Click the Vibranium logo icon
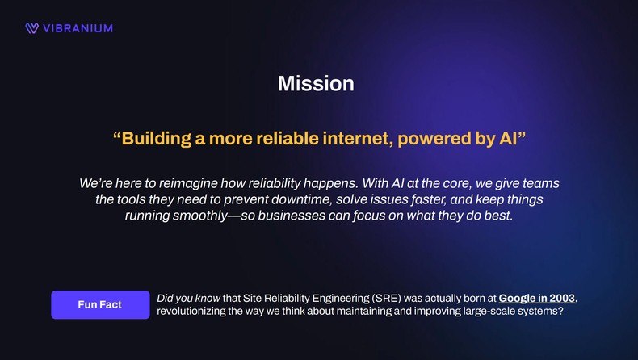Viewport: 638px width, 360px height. (x=31, y=28)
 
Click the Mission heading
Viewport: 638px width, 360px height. (x=316, y=83)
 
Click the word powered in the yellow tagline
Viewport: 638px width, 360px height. (x=432, y=139)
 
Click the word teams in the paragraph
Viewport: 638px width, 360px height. (x=539, y=183)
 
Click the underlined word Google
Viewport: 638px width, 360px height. (x=518, y=299)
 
